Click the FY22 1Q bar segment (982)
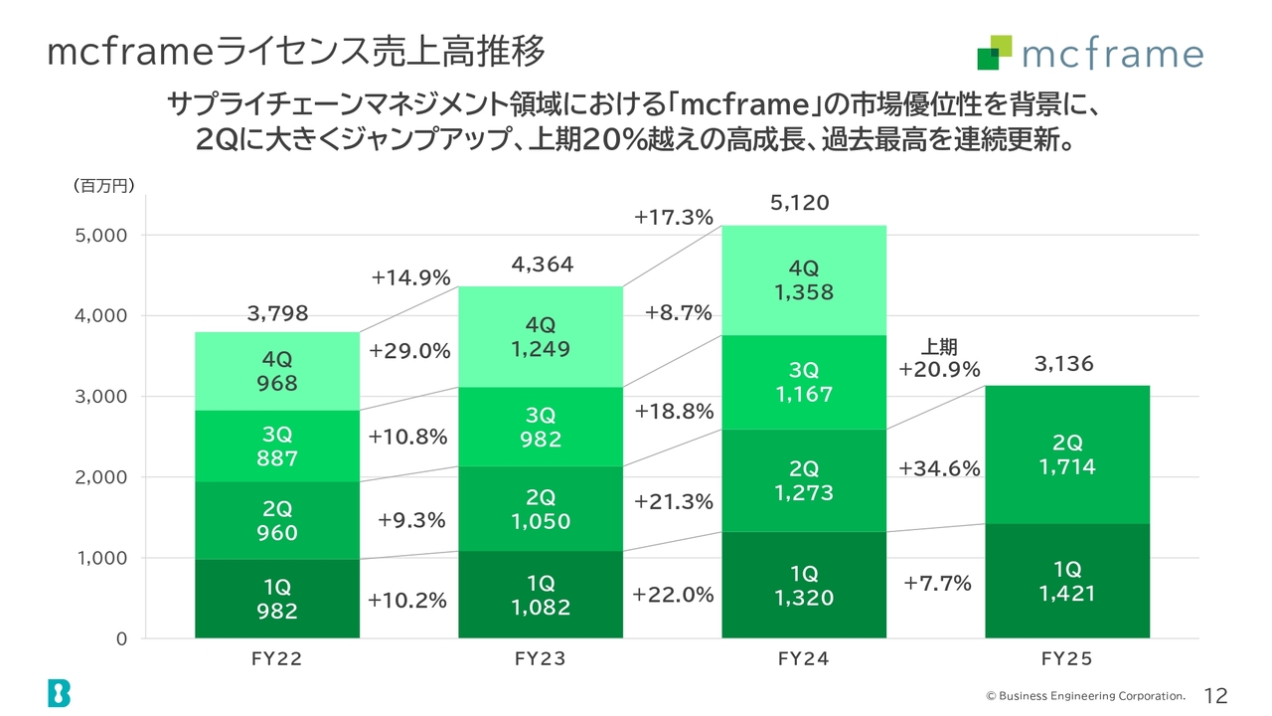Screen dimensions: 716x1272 pos(276,599)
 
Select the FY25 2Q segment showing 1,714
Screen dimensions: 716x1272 pos(1067,454)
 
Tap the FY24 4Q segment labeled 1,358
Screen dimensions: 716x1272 pos(804,280)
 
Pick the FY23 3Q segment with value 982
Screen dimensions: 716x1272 pos(541,427)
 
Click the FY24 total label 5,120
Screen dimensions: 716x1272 pos(799,204)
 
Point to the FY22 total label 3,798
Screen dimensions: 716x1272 pos(277,314)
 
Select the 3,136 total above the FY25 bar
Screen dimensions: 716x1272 pos(1063,364)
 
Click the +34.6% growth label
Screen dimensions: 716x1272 pos(939,468)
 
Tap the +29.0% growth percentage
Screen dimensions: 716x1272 pos(409,351)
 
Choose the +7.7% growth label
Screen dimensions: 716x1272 pos(937,584)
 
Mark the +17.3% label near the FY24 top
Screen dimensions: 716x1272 pos(674,217)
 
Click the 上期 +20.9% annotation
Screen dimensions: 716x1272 pos(939,359)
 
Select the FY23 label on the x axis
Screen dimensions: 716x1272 pos(541,658)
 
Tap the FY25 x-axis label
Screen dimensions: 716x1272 pos(1066,658)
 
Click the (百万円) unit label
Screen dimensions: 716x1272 pos(104,186)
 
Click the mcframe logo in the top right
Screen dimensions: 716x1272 pos(1089,53)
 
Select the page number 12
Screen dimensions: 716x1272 pos(1215,695)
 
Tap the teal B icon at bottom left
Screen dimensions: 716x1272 pos(59,693)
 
